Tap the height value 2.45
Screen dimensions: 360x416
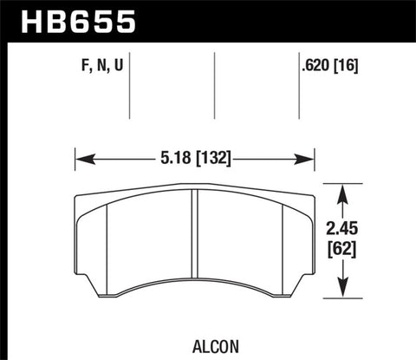tap(348, 229)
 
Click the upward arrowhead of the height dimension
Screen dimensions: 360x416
tap(347, 187)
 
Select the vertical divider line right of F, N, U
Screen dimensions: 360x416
tap(129, 87)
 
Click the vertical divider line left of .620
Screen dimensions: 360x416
tap(298, 87)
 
